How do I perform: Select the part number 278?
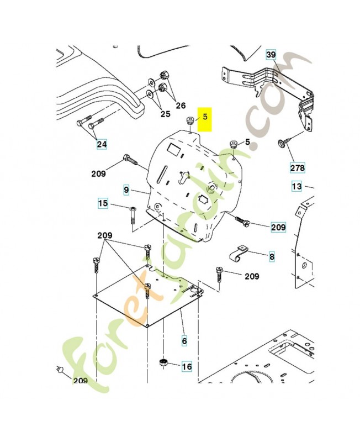297,166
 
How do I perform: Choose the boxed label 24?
102,145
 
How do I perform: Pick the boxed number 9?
126,190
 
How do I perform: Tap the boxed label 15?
103,203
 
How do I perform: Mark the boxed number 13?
297,186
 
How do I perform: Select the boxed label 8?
271,256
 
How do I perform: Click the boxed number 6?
184,341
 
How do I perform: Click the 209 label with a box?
278,227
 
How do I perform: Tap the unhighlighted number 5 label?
247,143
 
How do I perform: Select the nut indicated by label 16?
163,363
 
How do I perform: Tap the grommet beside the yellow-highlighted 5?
189,120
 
